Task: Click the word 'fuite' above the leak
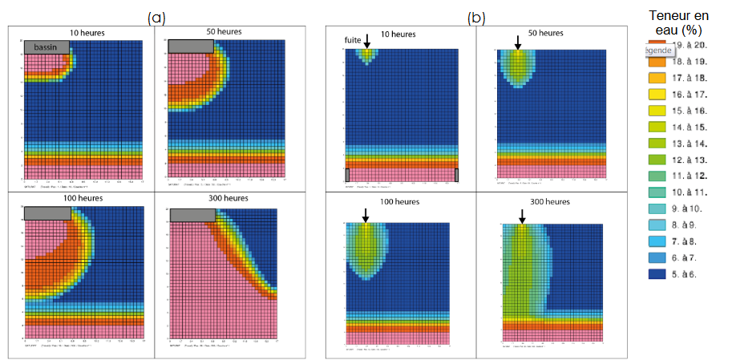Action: point(352,38)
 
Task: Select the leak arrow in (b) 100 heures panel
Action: point(366,215)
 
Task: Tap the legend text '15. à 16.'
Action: point(690,111)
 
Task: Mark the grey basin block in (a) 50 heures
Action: point(189,47)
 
